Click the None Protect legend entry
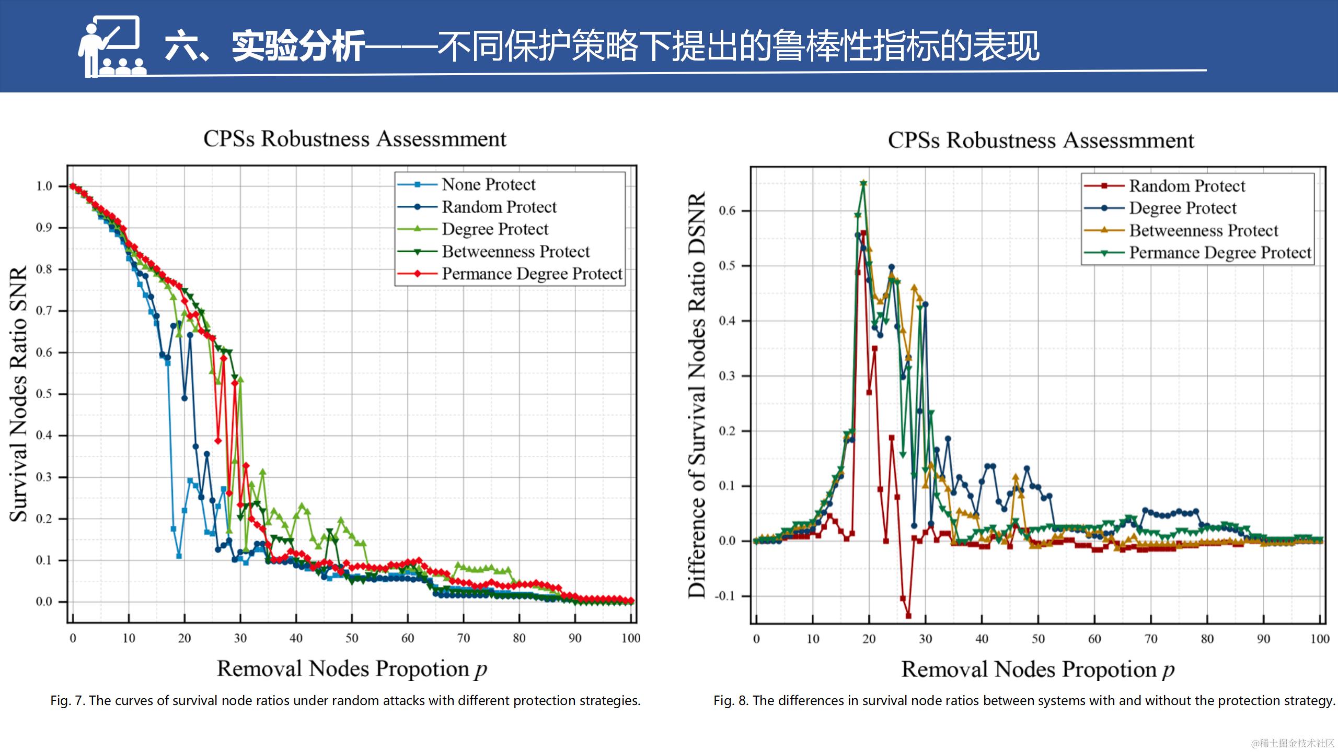point(488,184)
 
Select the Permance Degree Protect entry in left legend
point(532,274)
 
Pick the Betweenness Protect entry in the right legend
point(1203,230)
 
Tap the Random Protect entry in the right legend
point(1186,186)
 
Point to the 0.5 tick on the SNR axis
point(44,394)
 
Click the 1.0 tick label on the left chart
point(44,186)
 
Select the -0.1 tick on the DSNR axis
point(726,596)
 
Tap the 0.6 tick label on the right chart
point(727,211)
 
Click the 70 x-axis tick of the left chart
point(464,638)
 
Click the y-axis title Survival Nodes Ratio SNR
point(19,394)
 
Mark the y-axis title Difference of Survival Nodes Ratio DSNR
point(697,394)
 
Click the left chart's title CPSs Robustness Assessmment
point(354,139)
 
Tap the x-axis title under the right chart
point(1037,669)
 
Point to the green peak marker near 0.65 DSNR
point(863,183)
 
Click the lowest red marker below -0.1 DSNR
point(908,616)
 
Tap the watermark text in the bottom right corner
point(1293,743)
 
